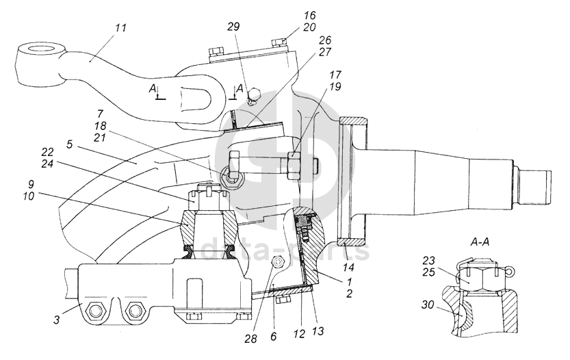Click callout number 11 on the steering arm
pyautogui.click(x=120, y=28)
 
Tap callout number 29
pyautogui.click(x=234, y=27)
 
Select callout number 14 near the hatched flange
pyautogui.click(x=348, y=268)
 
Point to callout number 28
pyautogui.click(x=251, y=339)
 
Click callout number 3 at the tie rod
pyautogui.click(x=57, y=321)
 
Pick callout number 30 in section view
pyautogui.click(x=428, y=305)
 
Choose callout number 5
pyautogui.click(x=69, y=144)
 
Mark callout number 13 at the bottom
pyautogui.click(x=318, y=331)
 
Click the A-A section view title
pyautogui.click(x=480, y=242)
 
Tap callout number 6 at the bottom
pyautogui.click(x=274, y=337)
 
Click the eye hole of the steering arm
pyautogui.click(x=41, y=49)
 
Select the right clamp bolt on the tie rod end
pyautogui.click(x=134, y=311)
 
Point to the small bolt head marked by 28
pyautogui.click(x=278, y=262)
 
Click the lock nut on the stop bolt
pyautogui.click(x=294, y=166)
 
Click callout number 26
pyautogui.click(x=324, y=40)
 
